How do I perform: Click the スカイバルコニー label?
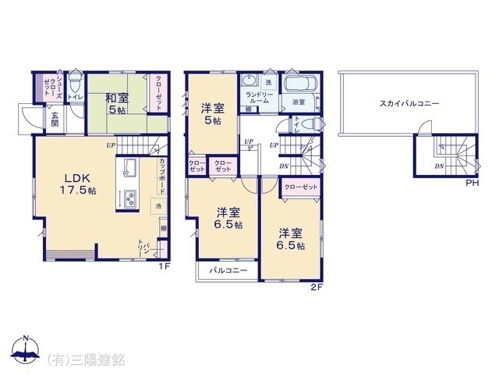409,103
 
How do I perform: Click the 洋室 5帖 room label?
211,113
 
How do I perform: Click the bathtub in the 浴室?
298,84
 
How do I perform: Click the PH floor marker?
472,184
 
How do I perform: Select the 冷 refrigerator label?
159,207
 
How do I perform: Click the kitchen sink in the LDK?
129,168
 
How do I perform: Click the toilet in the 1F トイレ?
74,81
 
